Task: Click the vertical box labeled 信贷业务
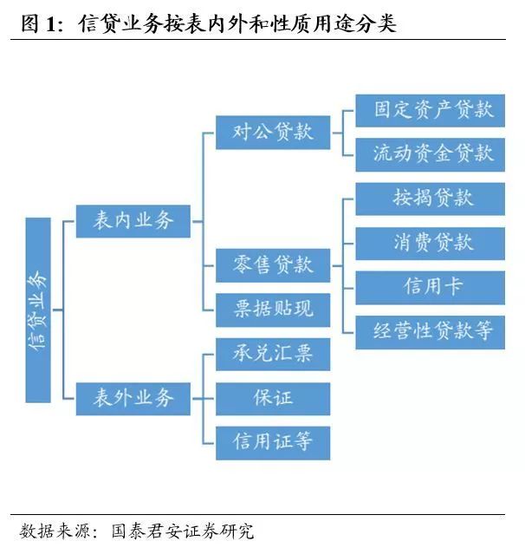click(38, 310)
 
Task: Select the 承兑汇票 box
click(272, 354)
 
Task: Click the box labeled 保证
click(272, 398)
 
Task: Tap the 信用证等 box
click(272, 442)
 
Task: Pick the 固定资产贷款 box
click(430, 110)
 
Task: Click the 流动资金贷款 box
click(430, 154)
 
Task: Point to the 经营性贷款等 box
click(430, 331)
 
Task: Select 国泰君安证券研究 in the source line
click(182, 531)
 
